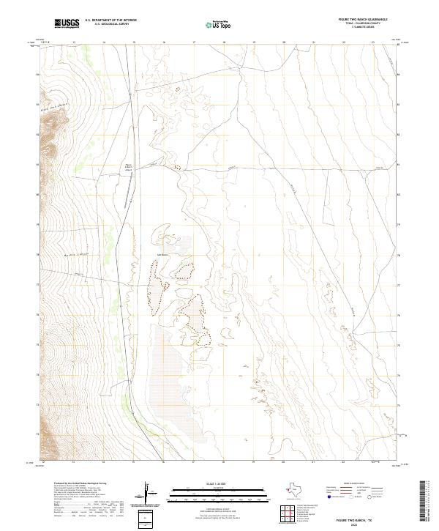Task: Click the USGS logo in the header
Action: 67,24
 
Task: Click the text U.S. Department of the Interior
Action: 110,21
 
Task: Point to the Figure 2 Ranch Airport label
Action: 130,167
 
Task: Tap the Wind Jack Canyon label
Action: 48,109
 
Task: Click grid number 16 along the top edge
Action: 163,42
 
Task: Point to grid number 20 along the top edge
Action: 284,42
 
